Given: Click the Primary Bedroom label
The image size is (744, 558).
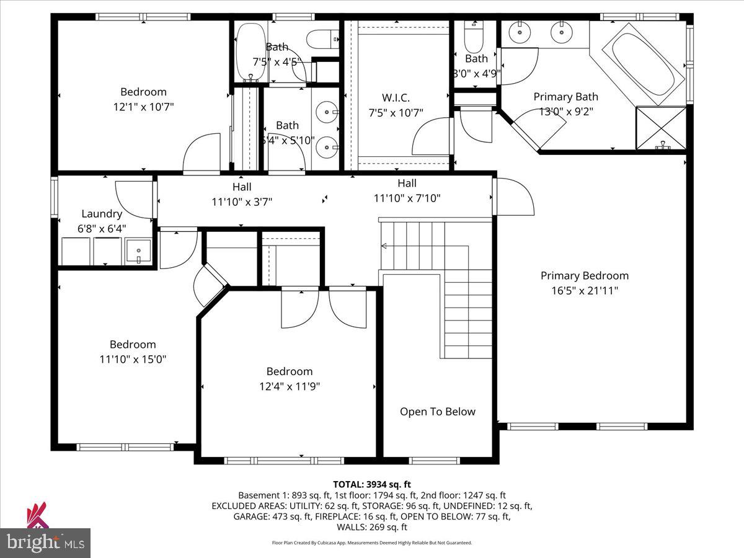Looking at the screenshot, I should pyautogui.click(x=584, y=276).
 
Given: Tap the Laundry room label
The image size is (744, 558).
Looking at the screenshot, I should pyautogui.click(x=102, y=214).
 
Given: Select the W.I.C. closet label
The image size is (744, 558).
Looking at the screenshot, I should pyautogui.click(x=395, y=97).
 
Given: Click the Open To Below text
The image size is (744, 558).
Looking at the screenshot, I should pyautogui.click(x=437, y=412).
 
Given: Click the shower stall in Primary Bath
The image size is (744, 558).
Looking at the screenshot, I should pyautogui.click(x=661, y=128).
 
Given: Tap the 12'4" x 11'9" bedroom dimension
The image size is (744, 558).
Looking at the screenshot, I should pyautogui.click(x=289, y=386).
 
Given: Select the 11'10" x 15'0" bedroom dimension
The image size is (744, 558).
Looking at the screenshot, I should pyautogui.click(x=133, y=359).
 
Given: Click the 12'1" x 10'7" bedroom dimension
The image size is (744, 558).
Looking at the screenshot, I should pyautogui.click(x=143, y=107).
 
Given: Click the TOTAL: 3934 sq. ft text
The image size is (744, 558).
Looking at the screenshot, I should pyautogui.click(x=372, y=484).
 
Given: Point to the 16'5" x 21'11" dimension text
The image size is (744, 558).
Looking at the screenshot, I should pyautogui.click(x=584, y=290).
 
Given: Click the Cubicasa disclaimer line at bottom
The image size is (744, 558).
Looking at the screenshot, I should pyautogui.click(x=372, y=542).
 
